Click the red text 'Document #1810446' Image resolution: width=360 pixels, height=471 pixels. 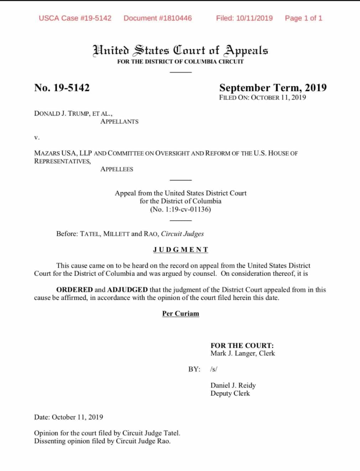coord(157,18)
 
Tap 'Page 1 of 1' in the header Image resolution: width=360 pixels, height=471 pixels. coord(303,18)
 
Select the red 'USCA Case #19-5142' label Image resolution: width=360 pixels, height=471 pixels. coord(75,18)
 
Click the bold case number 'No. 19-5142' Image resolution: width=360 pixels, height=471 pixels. coord(62,88)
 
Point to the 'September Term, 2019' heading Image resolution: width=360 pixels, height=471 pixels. coord(273,88)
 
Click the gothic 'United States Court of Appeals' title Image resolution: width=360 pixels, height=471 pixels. coord(180,50)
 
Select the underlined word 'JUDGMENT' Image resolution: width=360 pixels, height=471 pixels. coord(181,250)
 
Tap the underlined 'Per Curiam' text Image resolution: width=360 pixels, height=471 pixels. coord(181,313)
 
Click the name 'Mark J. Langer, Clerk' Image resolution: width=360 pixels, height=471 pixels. coord(242,353)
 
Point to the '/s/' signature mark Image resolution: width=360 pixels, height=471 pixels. coord(214,369)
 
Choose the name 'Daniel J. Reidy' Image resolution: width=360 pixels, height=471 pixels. coord(233,385)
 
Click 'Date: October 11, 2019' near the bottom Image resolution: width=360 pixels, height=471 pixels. coord(69,417)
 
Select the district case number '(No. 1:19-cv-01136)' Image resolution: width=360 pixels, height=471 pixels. coord(181,209)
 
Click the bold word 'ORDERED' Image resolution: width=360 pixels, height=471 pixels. coord(74,290)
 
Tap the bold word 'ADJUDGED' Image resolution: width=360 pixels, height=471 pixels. coord(127,290)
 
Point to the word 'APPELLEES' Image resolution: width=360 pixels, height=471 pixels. coord(117,169)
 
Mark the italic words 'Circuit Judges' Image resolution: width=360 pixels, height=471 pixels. coord(182,234)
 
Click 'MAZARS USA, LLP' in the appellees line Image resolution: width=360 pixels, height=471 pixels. coord(63,153)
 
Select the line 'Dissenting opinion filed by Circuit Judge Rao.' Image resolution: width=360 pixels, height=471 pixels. coord(102,441)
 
